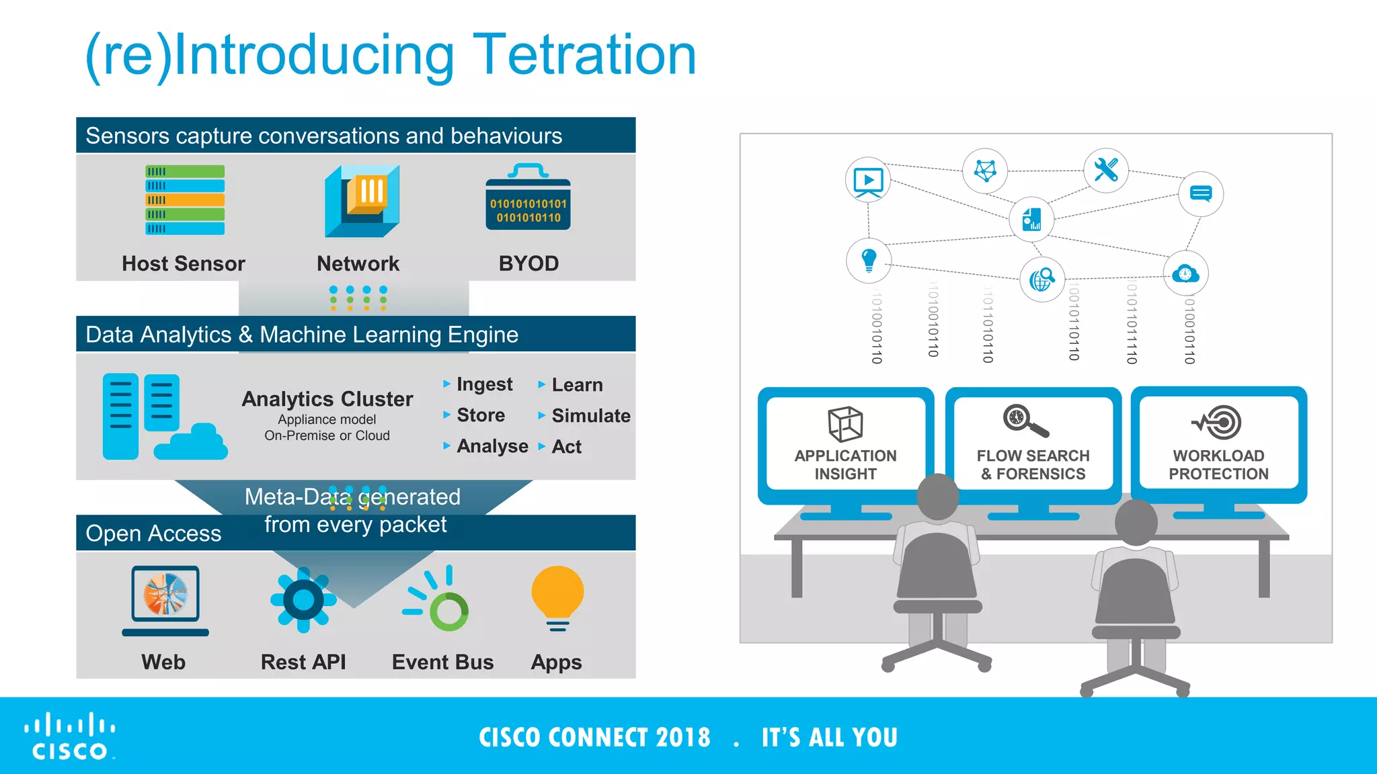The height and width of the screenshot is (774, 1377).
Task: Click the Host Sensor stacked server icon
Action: click(x=185, y=200)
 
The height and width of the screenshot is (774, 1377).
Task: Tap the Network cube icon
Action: click(x=362, y=202)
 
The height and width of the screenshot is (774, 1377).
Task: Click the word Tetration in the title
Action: click(x=584, y=55)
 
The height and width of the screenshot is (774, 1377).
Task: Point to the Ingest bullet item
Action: click(x=483, y=384)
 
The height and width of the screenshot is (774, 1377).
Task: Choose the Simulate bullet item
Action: click(x=590, y=416)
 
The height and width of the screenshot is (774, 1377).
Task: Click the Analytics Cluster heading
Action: click(x=327, y=399)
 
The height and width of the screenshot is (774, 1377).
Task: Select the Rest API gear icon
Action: click(x=303, y=599)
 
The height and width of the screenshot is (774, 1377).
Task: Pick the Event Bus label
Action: click(x=442, y=662)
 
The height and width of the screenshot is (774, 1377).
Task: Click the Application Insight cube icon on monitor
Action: click(x=845, y=425)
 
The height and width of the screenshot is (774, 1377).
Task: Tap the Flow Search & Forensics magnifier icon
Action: click(x=1024, y=421)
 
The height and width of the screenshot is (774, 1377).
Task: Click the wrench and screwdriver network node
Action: click(x=1105, y=170)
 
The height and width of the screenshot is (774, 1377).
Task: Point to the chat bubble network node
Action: click(x=1200, y=194)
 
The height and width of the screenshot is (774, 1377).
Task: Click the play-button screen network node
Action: click(x=867, y=181)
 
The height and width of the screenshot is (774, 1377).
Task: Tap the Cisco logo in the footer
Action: click(x=70, y=736)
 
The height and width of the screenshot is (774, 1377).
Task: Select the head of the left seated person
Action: click(x=937, y=497)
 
